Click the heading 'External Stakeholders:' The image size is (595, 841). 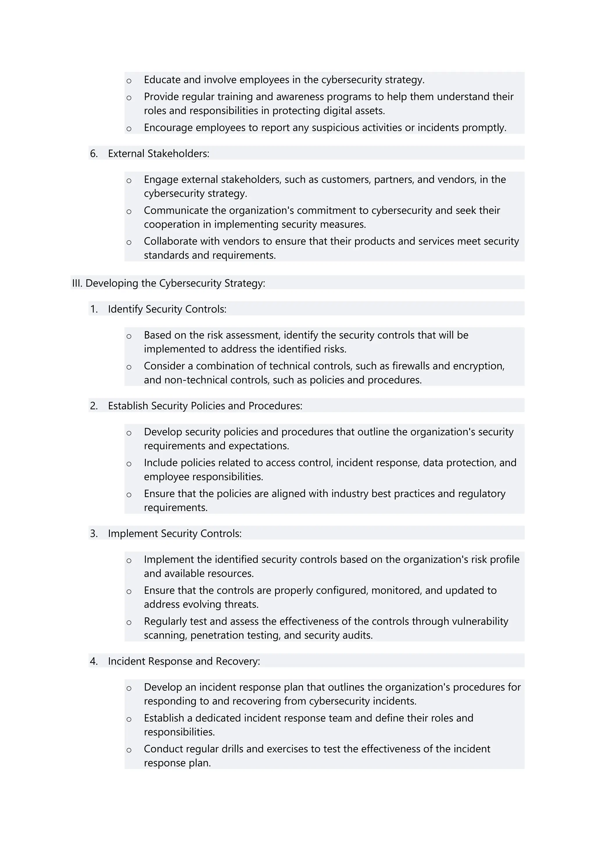(x=158, y=153)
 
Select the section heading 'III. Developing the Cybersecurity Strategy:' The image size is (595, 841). (x=168, y=283)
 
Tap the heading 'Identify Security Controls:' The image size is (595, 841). (x=167, y=309)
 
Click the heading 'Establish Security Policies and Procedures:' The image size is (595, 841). (x=205, y=406)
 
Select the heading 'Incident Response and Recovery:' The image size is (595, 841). (x=184, y=661)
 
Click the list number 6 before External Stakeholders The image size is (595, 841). (x=94, y=153)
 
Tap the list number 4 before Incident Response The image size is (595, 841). (x=94, y=661)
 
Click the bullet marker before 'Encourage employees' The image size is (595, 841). (x=129, y=129)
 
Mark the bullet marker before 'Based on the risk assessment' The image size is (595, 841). (x=129, y=336)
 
